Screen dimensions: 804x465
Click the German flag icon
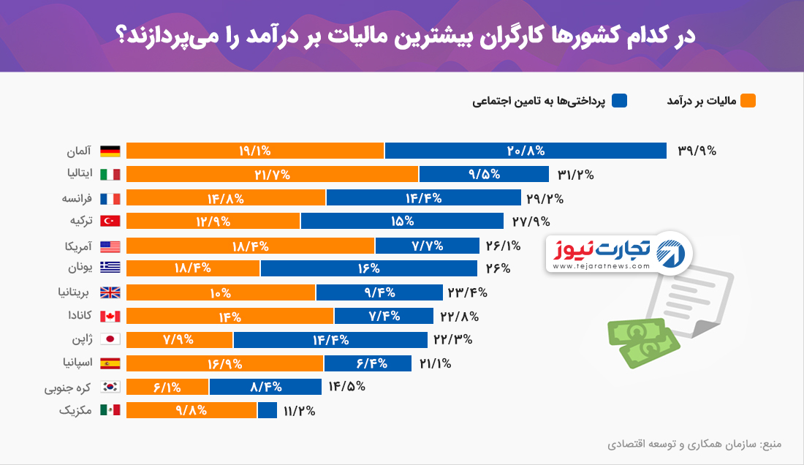110,151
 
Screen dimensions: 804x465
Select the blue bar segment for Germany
526,151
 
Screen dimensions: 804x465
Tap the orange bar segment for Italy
273,174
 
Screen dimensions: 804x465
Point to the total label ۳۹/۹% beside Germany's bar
697,151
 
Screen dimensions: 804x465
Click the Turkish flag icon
110,221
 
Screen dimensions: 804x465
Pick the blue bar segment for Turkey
402,221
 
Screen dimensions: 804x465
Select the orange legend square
748,100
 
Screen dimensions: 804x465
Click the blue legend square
619,100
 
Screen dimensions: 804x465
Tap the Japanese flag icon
110,339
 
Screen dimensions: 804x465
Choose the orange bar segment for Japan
180,339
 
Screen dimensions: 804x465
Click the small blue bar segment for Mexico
267,410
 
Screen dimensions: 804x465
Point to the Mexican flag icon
110,410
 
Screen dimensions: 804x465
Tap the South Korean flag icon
110,387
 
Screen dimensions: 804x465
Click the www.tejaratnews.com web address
602,266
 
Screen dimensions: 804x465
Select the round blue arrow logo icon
671,254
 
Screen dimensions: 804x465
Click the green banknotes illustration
643,342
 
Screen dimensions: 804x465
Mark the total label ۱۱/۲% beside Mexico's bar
300,411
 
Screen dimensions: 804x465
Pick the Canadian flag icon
110,316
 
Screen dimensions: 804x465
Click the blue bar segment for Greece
368,268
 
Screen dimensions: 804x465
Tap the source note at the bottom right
694,444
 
